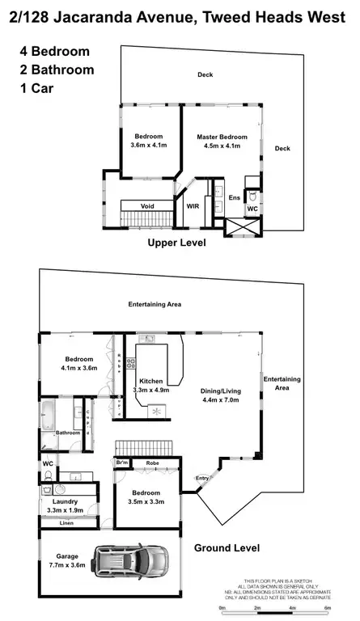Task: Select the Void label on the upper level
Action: coord(147,206)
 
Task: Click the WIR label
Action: coord(193,206)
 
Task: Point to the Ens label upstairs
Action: coord(234,197)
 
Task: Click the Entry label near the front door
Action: coord(202,478)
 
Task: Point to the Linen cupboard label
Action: coord(67,523)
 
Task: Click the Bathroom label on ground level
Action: coord(68,433)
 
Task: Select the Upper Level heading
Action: coord(176,243)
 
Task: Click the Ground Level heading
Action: coord(227,547)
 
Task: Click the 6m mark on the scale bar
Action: coord(327,606)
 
